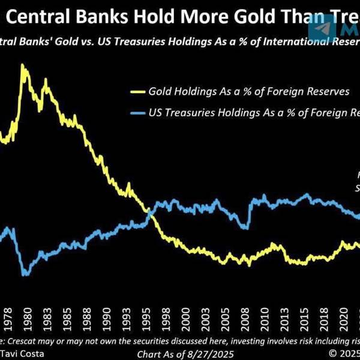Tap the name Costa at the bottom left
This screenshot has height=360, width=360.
click(33, 353)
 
